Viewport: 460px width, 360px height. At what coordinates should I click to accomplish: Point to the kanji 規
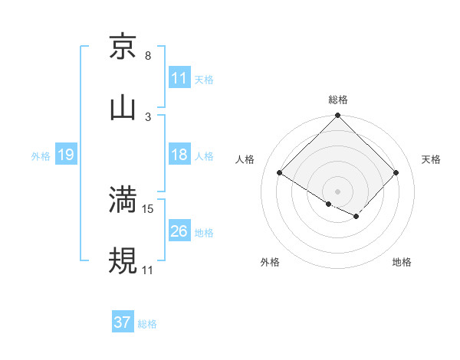(x=123, y=260)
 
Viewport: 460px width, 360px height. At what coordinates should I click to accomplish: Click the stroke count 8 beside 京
(x=148, y=56)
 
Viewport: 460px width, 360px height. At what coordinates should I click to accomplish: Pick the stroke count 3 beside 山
(x=148, y=116)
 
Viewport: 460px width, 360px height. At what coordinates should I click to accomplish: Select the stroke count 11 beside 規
(x=148, y=270)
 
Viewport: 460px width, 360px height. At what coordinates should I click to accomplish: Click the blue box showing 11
(x=179, y=78)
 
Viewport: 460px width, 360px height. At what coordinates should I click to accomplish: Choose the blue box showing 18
(x=179, y=155)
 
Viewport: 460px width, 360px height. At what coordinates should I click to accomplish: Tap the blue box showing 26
(x=179, y=231)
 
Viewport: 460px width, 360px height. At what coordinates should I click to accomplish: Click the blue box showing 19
(x=66, y=155)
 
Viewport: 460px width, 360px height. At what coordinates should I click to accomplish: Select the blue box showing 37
(x=123, y=322)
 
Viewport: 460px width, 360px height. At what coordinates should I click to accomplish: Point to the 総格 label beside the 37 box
(x=147, y=323)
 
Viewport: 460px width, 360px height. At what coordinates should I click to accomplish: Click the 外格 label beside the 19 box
(x=41, y=155)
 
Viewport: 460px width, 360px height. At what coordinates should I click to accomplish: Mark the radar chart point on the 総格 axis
(x=337, y=116)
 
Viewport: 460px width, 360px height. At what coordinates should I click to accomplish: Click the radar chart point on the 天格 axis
(x=396, y=172)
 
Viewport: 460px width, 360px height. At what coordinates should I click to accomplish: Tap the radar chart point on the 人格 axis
(x=280, y=172)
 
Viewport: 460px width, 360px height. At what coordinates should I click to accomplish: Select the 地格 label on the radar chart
(x=402, y=262)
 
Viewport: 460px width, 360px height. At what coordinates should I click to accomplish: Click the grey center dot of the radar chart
(x=337, y=191)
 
